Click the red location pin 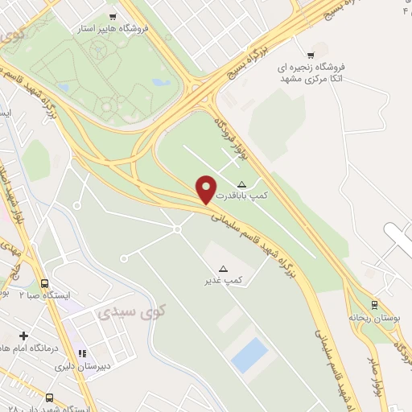pos(207,189)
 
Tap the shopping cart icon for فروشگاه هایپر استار pos(112,16)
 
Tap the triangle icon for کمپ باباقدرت pos(241,184)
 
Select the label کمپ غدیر pos(224,281)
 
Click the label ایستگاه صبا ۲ pos(47,295)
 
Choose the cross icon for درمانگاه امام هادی pos(24,336)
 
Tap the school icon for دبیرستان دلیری pos(81,352)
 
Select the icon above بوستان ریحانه pos(373,304)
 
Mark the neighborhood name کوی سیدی pos(129,311)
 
